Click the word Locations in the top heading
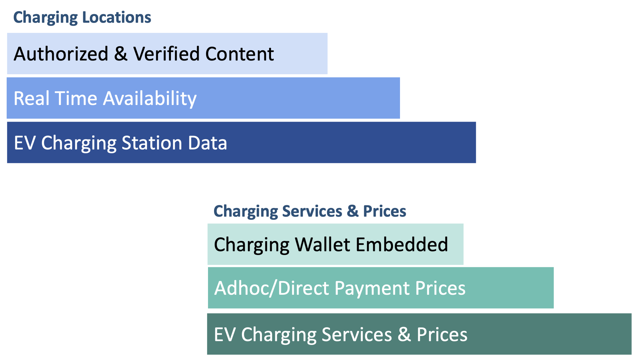coord(116,17)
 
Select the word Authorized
coord(61,54)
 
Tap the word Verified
coord(166,54)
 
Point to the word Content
coord(240,54)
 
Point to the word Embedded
coord(402,244)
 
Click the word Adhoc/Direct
coord(272,288)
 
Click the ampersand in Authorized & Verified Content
coord(121,54)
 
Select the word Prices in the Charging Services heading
coord(385,211)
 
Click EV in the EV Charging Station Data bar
coord(25,143)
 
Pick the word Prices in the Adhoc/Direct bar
coord(440,288)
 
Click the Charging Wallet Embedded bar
coord(335,244)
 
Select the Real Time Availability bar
coord(203,98)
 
